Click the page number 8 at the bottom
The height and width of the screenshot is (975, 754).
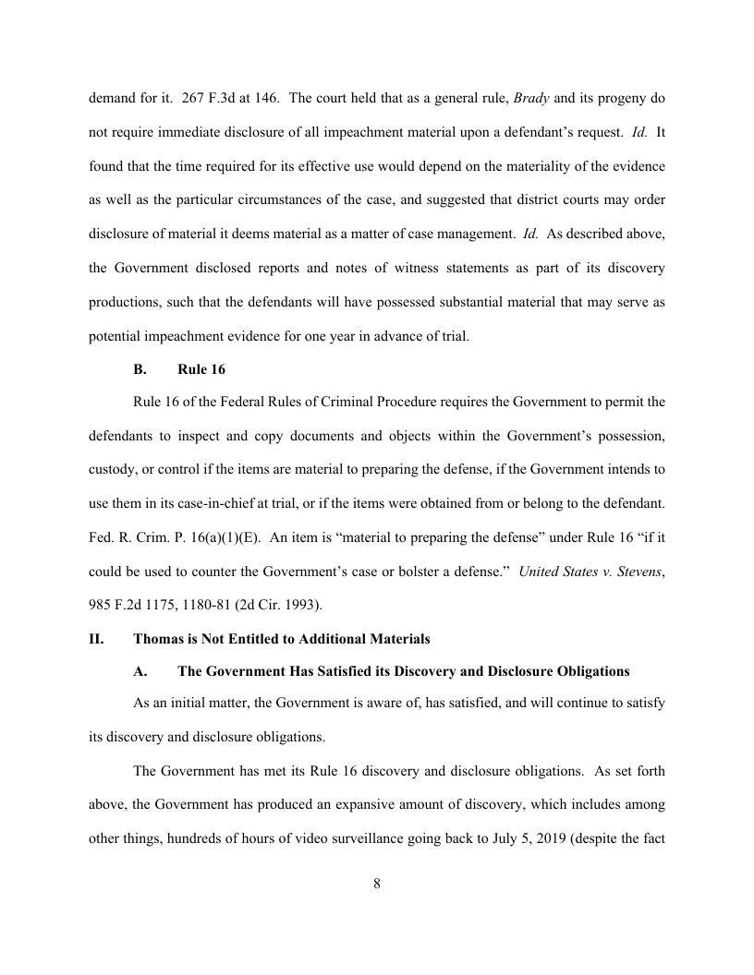coord(377,883)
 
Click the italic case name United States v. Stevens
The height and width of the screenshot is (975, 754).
coord(590,571)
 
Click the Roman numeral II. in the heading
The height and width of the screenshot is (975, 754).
coord(96,638)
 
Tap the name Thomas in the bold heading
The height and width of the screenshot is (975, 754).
coord(158,638)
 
